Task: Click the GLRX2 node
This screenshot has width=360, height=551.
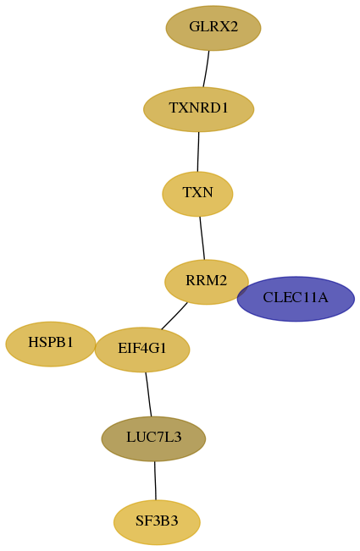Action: pyautogui.click(x=213, y=28)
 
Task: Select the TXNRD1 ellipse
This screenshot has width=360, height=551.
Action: pyautogui.click(x=198, y=109)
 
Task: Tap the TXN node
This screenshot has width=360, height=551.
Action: pyautogui.click(x=197, y=194)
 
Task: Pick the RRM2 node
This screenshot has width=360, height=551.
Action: pyautogui.click(x=207, y=282)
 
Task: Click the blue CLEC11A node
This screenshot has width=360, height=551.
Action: pyautogui.click(x=296, y=299)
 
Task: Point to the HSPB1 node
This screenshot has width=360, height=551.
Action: pyautogui.click(x=51, y=344)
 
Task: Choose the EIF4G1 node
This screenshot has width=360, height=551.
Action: pyautogui.click(x=142, y=350)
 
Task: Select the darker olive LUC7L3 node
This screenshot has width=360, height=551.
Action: pyautogui.click(x=153, y=438)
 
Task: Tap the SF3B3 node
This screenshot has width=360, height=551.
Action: pyautogui.click(x=157, y=522)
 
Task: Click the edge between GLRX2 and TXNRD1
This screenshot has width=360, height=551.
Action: pyautogui.click(x=206, y=69)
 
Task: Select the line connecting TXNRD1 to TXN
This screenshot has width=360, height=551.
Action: pyautogui.click(x=198, y=152)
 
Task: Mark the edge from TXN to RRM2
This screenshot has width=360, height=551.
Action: pyautogui.click(x=202, y=238)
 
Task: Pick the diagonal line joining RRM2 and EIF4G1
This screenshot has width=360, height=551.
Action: pyautogui.click(x=174, y=316)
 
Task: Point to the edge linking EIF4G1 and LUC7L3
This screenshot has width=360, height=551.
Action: pyautogui.click(x=148, y=394)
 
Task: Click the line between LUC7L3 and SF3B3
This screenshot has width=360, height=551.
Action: pyautogui.click(x=155, y=481)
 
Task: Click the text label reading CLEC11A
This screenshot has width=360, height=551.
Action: pyautogui.click(x=296, y=298)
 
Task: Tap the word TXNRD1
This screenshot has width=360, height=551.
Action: pyautogui.click(x=198, y=107)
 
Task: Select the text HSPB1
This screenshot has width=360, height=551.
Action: pyautogui.click(x=51, y=342)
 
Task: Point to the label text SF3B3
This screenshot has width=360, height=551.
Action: pyautogui.click(x=157, y=521)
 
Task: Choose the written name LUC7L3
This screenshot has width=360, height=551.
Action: pyautogui.click(x=153, y=437)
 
